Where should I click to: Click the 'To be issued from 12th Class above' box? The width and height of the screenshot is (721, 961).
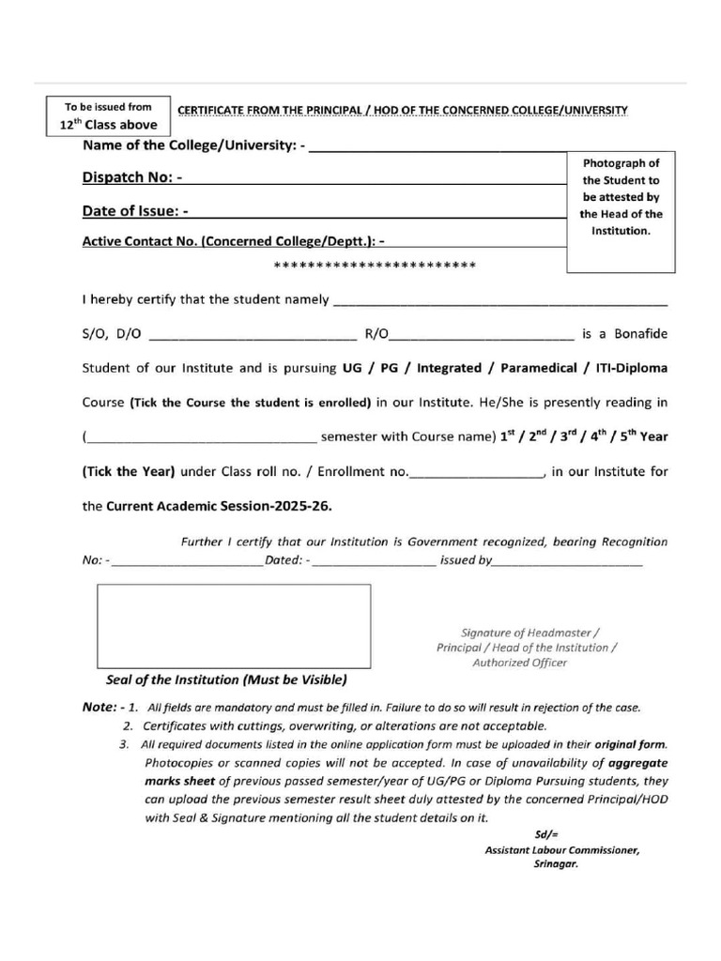point(108,115)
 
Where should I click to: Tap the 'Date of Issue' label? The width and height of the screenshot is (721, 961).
point(135,211)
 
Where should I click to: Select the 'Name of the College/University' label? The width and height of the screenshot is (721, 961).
point(193,145)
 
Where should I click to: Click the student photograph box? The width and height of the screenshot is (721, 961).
point(621,211)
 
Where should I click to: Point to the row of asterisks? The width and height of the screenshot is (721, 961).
point(375,266)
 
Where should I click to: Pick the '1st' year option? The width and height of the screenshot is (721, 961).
point(508,436)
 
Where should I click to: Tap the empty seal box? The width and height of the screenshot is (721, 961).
point(234,626)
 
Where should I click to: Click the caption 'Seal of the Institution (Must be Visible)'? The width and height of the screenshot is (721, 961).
point(226,679)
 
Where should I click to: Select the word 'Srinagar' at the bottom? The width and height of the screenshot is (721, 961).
point(556,865)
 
